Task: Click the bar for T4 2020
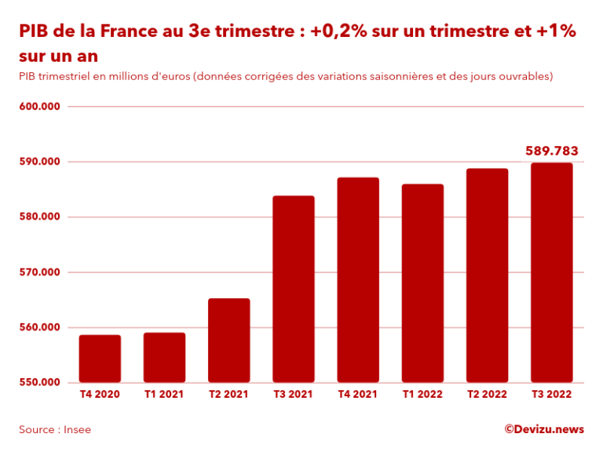pyautogui.click(x=100, y=359)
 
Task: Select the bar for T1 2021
pyautogui.click(x=164, y=358)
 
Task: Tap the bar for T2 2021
pyautogui.click(x=228, y=341)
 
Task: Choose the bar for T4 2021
pyautogui.click(x=358, y=280)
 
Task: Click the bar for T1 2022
pyautogui.click(x=422, y=283)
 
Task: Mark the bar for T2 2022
pyautogui.click(x=487, y=275)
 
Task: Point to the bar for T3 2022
pyautogui.click(x=551, y=272)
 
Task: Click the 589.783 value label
pyautogui.click(x=551, y=151)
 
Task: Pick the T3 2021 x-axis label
pyautogui.click(x=293, y=395)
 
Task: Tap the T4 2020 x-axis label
pyautogui.click(x=100, y=395)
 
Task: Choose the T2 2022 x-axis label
pyautogui.click(x=487, y=395)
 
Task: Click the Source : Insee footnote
pyautogui.click(x=55, y=429)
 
